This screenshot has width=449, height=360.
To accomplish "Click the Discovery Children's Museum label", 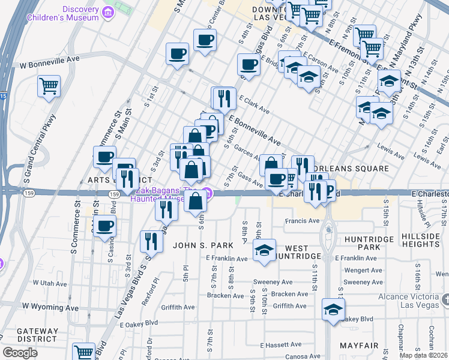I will (62, 13).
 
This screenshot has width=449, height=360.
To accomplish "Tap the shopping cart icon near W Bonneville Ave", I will (49, 85).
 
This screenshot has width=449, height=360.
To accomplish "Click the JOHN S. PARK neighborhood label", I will (198, 245).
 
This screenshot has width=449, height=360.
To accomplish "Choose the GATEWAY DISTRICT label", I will (37, 335).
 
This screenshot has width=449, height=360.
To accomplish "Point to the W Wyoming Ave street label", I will (50, 307).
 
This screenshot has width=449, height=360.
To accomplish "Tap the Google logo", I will (20, 353).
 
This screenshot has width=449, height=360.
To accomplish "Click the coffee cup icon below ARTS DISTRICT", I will (105, 226).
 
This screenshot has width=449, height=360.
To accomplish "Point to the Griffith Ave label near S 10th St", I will (291, 306).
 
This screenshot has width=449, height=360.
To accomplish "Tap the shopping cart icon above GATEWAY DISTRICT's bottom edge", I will (83, 352).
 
